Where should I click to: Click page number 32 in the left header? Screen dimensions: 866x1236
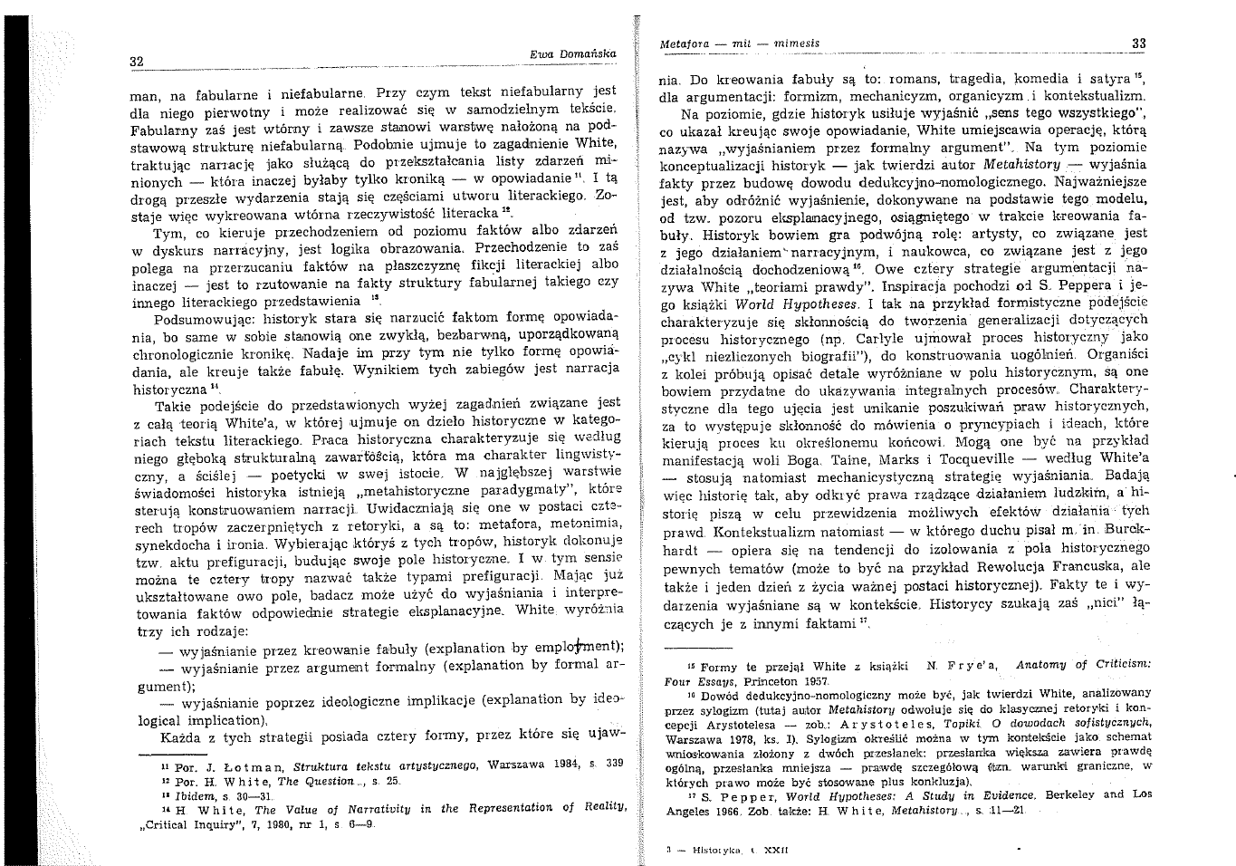(137, 62)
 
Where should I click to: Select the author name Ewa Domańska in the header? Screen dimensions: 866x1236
(572, 54)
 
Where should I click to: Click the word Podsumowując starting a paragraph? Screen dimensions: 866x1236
(196, 319)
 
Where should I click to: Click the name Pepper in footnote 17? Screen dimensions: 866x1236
(738, 794)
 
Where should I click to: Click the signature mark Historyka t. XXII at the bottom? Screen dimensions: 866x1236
(720, 851)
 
